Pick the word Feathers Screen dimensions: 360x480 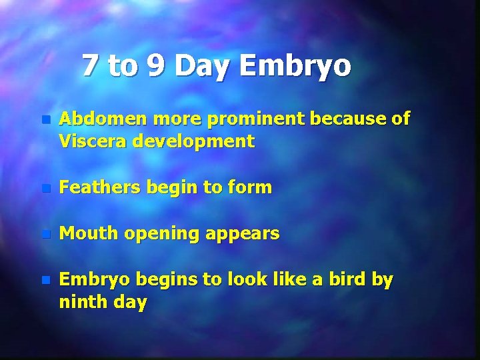pyautogui.click(x=95, y=188)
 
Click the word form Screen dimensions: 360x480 pyautogui.click(x=251, y=188)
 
